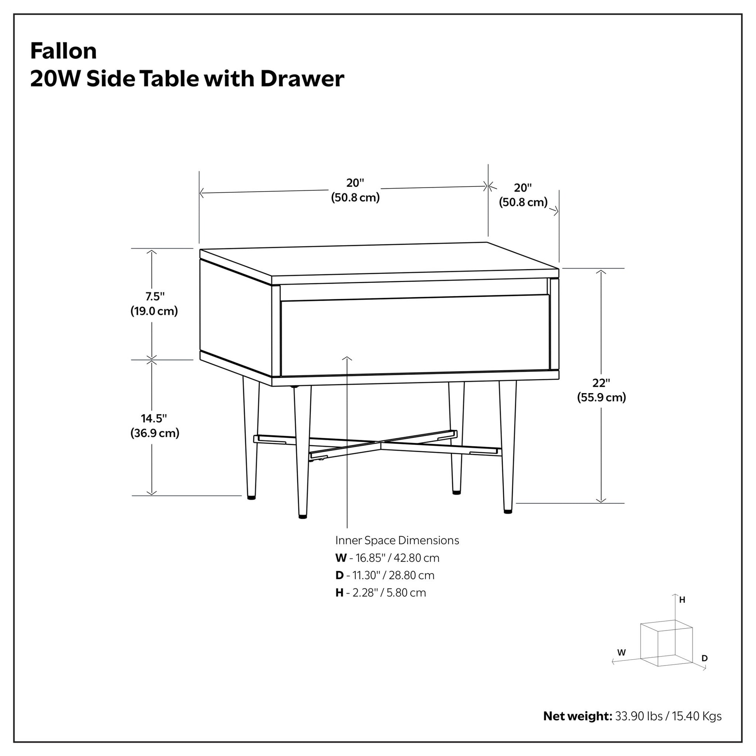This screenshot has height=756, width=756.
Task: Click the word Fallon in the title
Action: coord(63,51)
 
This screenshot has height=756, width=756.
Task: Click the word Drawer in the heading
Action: coord(302,78)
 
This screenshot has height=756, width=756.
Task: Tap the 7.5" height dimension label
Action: coord(155,296)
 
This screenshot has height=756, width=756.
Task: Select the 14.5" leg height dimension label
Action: coord(154,418)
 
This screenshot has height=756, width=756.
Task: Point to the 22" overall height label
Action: coord(601,383)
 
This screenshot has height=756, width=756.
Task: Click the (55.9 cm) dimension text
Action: coord(601,397)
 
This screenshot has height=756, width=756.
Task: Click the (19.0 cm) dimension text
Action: coord(154,311)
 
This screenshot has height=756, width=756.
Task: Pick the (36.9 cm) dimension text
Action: coord(155,433)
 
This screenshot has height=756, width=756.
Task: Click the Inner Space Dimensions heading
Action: coord(397,540)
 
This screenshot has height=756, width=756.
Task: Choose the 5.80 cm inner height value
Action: coord(406,592)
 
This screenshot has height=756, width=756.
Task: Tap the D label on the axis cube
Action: coord(705,658)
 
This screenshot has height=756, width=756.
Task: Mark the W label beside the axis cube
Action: coord(622,653)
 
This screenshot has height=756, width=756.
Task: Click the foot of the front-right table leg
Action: coord(508,511)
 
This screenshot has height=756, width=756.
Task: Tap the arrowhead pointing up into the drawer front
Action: coord(347,359)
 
